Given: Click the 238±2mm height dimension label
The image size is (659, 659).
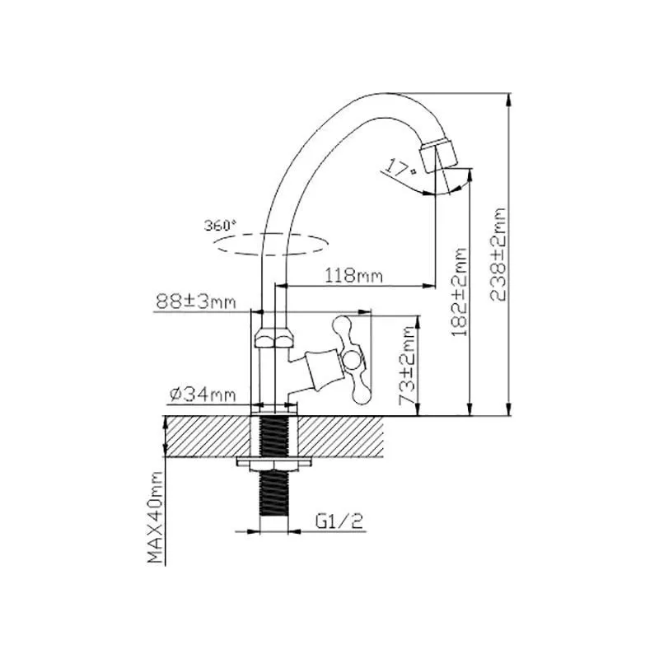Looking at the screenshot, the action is point(498,255).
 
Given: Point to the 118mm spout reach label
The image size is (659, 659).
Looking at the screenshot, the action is point(354,276).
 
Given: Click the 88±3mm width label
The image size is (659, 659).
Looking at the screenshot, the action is point(196,301).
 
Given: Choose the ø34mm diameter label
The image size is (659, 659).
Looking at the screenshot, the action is point(203,395).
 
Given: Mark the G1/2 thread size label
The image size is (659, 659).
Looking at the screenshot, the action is point(339,521).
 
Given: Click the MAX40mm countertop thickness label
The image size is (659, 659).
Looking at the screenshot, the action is point(155,517).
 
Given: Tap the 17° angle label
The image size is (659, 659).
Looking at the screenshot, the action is point(400,167).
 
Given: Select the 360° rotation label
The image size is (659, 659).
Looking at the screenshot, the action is point(220,225).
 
